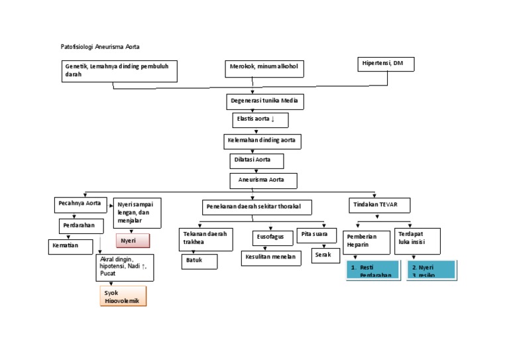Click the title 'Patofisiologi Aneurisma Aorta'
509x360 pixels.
click(101, 47)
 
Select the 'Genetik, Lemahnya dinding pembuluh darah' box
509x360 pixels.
click(119, 71)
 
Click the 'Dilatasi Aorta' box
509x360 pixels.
click(256, 161)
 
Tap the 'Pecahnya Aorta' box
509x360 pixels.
click(80, 204)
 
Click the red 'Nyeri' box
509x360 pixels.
click(133, 241)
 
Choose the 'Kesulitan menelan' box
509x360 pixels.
click(270, 257)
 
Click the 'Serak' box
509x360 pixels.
click(325, 255)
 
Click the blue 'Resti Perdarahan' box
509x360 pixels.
click(370, 270)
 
